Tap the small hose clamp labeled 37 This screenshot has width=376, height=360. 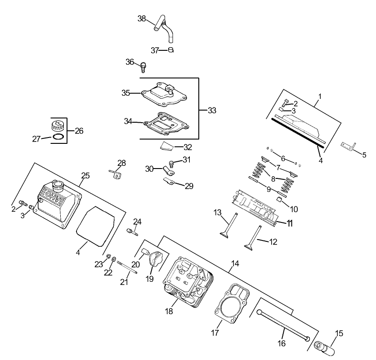(x=170, y=50)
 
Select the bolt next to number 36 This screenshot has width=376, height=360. (x=143, y=67)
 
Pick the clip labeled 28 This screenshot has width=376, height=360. (x=116, y=174)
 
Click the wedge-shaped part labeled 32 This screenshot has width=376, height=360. (x=167, y=146)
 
